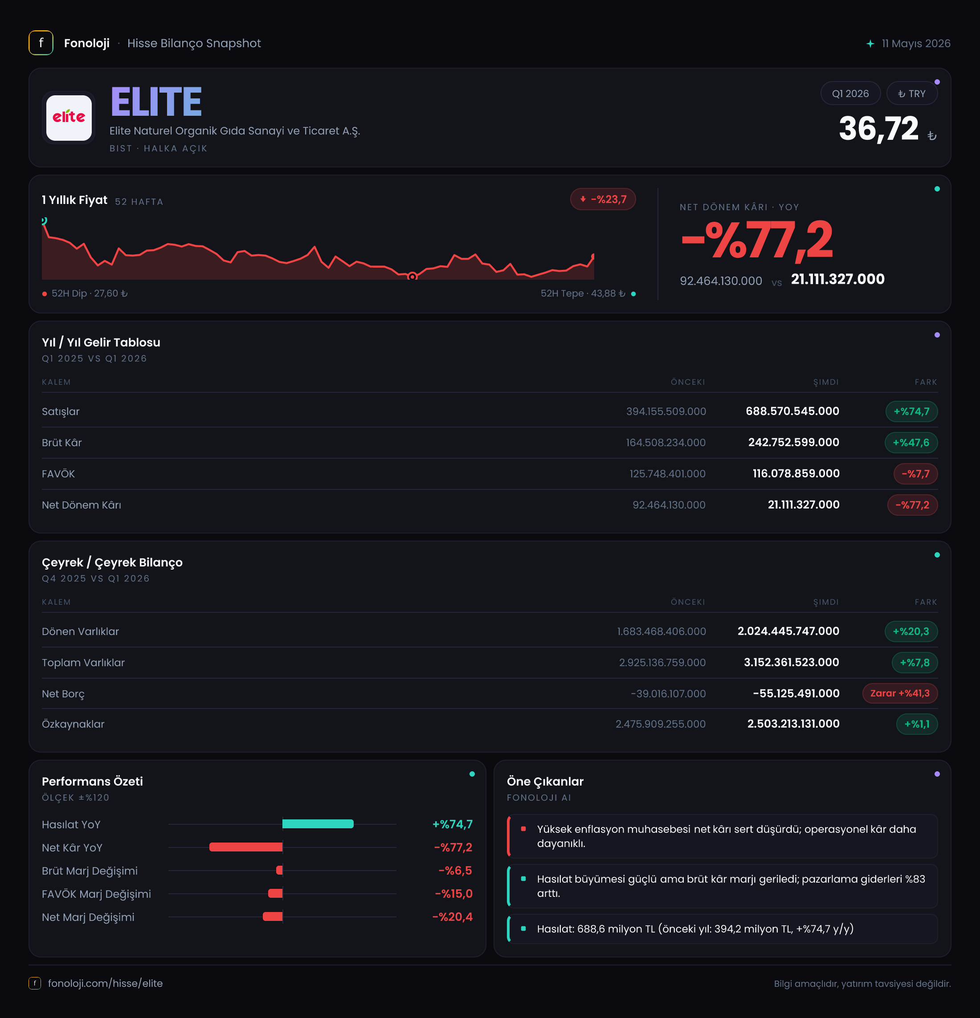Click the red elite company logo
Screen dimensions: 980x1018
pos(69,118)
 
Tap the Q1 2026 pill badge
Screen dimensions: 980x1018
pos(850,94)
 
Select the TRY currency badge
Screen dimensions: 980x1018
pos(912,94)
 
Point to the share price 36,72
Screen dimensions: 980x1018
pos(879,128)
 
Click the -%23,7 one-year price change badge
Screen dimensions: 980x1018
pos(603,199)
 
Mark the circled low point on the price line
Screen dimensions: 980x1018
pos(412,276)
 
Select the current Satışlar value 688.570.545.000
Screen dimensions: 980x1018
pos(792,411)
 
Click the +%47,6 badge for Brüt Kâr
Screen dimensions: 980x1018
pos(911,443)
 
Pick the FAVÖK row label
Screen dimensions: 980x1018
pos(58,474)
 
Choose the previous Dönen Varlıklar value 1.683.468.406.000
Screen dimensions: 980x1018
pos(661,631)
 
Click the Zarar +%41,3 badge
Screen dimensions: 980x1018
pos(900,693)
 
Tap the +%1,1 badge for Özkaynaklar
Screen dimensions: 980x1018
pos(917,724)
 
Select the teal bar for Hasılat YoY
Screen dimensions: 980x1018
pos(318,824)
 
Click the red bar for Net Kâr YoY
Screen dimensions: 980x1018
pos(246,847)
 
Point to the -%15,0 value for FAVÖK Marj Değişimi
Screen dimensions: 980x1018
pos(453,894)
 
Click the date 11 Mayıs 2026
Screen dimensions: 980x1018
pos(915,44)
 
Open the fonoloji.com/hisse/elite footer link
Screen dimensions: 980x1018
pos(105,983)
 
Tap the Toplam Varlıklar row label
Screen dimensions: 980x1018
pos(83,663)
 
